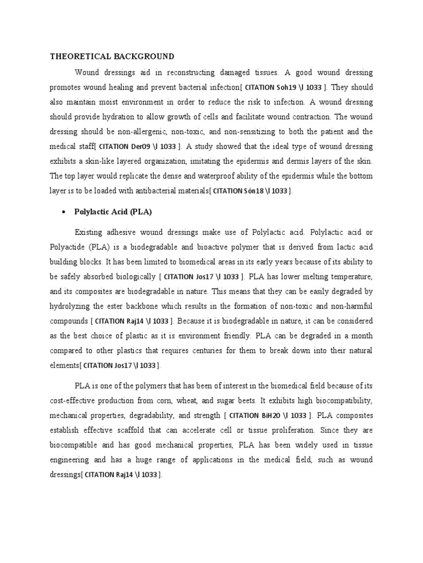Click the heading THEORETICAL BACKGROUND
(112, 56)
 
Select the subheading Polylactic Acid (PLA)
(112, 212)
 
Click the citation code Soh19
(286, 87)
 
